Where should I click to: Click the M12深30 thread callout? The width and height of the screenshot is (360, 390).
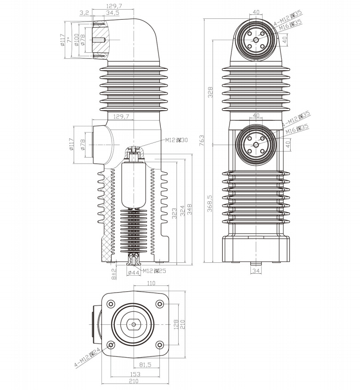point(177,141)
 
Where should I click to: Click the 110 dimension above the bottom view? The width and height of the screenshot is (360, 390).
point(151,284)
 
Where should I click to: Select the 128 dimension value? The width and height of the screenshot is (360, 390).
point(174,324)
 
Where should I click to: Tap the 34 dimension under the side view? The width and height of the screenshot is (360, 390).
point(256,271)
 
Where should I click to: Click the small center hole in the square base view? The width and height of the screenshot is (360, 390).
point(133,324)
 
